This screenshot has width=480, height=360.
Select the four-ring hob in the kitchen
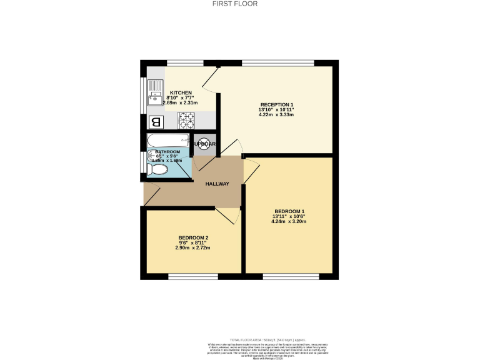(x=186, y=119)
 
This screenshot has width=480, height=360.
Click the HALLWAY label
(x=217, y=184)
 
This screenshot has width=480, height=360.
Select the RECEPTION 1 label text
(x=276, y=104)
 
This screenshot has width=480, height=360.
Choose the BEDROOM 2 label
(x=192, y=238)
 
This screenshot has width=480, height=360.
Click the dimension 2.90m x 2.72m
(x=192, y=248)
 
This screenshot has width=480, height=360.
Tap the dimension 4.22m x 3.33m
(x=276, y=115)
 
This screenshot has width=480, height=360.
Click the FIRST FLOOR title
(x=240, y=4)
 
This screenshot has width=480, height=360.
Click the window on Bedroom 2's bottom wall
(x=188, y=274)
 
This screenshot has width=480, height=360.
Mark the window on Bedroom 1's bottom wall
(x=289, y=274)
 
